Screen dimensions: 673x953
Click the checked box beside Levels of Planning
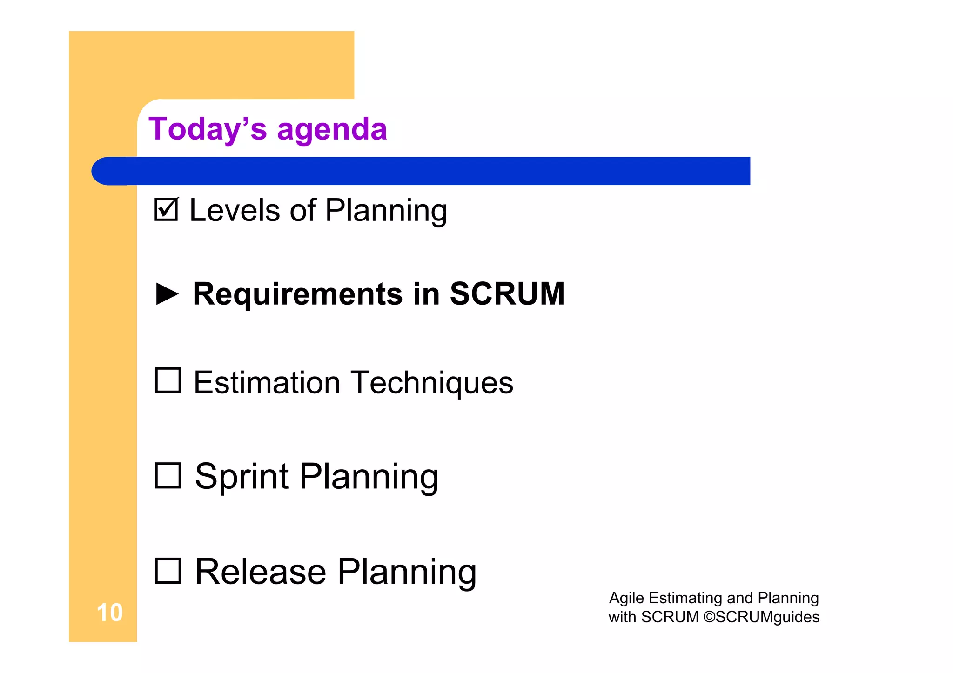(166, 210)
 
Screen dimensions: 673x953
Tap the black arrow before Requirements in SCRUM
(167, 294)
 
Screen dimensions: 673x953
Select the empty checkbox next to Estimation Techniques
(168, 380)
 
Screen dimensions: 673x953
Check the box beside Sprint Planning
(168, 475)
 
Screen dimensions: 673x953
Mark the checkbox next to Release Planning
(168, 571)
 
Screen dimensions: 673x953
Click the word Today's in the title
(208, 129)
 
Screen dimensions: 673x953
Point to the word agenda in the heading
(332, 130)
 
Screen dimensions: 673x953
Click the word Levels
(234, 210)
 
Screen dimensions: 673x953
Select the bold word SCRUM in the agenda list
(507, 294)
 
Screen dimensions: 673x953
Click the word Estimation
(267, 382)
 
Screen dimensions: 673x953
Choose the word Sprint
(242, 476)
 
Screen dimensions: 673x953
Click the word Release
(260, 572)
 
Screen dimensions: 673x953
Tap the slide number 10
(109, 613)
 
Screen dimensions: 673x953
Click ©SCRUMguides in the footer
(761, 617)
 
